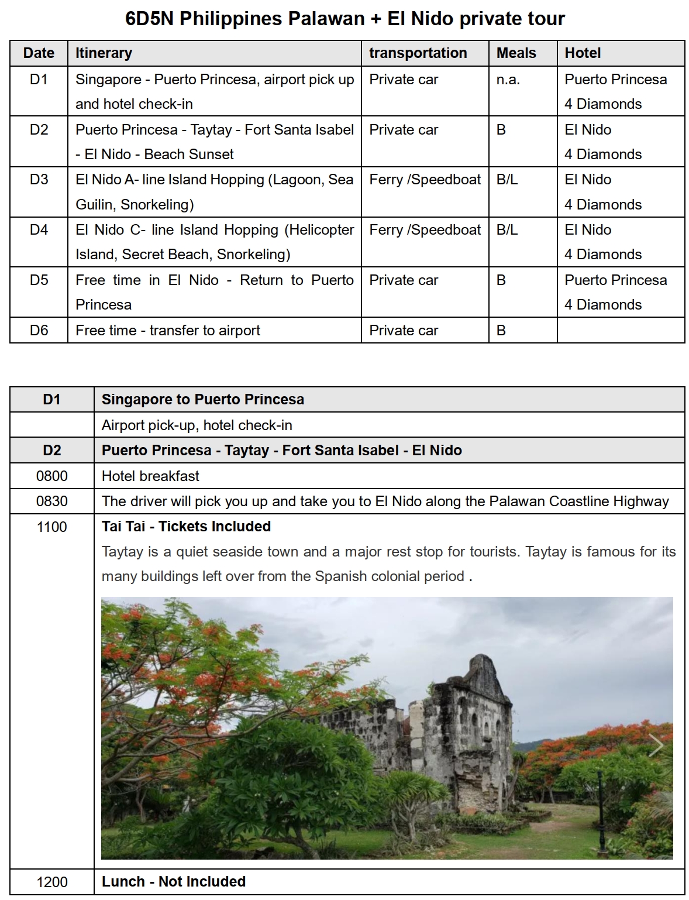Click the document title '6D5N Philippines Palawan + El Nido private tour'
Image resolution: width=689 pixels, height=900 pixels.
[345, 19]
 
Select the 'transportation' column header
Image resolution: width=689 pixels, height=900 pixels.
[418, 53]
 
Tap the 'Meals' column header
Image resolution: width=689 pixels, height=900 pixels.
[516, 53]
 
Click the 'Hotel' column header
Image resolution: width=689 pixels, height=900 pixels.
[583, 53]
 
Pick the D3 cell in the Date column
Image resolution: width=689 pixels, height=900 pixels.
[39, 180]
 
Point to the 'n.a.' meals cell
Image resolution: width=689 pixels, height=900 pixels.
[508, 80]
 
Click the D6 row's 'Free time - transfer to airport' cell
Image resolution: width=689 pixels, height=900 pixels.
[168, 331]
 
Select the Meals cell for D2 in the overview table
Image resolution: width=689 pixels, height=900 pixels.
[501, 130]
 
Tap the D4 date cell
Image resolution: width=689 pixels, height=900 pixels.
[39, 230]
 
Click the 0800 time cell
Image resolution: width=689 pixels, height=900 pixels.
[52, 476]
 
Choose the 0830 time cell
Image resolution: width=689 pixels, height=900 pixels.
[52, 501]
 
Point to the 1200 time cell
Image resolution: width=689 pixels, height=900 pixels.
[52, 882]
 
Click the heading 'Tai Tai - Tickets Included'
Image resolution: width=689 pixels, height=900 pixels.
[186, 527]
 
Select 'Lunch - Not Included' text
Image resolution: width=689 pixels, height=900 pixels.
[174, 882]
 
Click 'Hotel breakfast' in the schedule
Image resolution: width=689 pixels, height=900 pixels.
[150, 476]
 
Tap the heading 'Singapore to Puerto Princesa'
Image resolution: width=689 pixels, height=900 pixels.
[203, 400]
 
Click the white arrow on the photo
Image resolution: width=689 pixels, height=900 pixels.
[656, 746]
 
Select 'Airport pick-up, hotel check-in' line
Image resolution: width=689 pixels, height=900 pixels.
[197, 425]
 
